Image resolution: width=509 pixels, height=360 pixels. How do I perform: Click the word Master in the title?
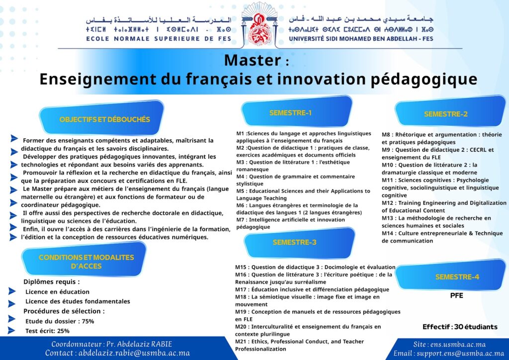[253, 60]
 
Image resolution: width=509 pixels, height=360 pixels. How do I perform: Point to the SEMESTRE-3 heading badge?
[299, 243]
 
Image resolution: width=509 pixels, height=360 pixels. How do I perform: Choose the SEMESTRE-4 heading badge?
[450, 275]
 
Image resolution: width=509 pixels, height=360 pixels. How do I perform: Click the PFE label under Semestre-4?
[456, 296]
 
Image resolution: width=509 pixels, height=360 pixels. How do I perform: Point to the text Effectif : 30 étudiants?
[460, 327]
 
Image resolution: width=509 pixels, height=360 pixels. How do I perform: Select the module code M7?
[240, 220]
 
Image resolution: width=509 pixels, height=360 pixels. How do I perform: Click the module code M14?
[387, 233]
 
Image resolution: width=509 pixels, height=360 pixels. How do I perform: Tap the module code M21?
[241, 342]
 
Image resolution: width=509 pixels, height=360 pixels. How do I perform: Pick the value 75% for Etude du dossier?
[87, 321]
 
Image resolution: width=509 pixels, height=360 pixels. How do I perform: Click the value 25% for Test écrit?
[63, 331]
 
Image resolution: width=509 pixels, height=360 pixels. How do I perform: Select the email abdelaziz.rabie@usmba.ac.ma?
[134, 353]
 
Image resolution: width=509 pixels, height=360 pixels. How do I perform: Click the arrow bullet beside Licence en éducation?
[12, 291]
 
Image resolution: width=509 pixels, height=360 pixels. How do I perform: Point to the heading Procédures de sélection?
[64, 311]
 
